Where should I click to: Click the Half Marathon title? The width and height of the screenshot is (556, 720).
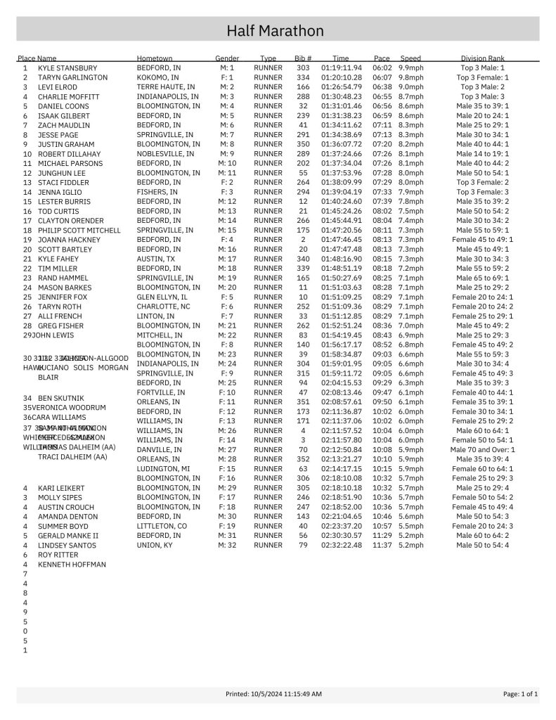pos(275,31)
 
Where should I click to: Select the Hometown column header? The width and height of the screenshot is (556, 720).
pos(155,58)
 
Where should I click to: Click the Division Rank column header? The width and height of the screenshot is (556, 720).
pos(482,58)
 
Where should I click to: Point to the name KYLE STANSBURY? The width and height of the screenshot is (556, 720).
pos(67,68)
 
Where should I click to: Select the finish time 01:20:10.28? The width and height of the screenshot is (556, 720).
pos(341,77)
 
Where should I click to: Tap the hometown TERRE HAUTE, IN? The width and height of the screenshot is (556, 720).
pos(165,86)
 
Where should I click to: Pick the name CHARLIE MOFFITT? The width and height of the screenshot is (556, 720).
pos(68,97)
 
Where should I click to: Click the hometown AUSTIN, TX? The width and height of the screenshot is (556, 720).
pos(155,259)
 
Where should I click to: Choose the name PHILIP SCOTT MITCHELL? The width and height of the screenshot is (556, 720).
pos(79,231)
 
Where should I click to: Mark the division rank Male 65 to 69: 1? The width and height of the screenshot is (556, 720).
pos(482,278)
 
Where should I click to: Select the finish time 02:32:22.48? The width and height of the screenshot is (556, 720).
pos(341,545)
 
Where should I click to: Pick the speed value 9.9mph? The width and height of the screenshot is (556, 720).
pos(410,67)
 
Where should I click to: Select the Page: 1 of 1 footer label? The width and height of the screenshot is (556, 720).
pos(520,694)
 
